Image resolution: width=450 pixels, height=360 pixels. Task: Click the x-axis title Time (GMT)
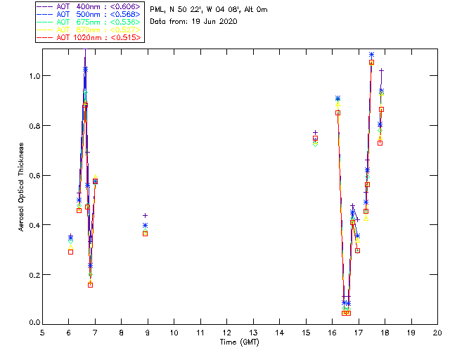(x=240, y=342)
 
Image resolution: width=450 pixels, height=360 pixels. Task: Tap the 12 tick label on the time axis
(x=227, y=333)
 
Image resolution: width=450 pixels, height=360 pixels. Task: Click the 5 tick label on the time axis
(x=42, y=333)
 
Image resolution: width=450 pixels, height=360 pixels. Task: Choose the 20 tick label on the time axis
(x=437, y=333)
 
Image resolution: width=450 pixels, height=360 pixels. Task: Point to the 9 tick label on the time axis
(x=148, y=333)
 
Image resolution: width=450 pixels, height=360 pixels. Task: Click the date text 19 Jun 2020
(x=213, y=22)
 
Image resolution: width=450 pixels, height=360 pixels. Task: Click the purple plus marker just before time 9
(x=145, y=216)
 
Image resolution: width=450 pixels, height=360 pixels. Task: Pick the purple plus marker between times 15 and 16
(x=315, y=132)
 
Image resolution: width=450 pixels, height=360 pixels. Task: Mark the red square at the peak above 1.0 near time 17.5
(x=371, y=63)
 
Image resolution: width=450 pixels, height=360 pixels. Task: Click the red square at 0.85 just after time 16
(x=337, y=112)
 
